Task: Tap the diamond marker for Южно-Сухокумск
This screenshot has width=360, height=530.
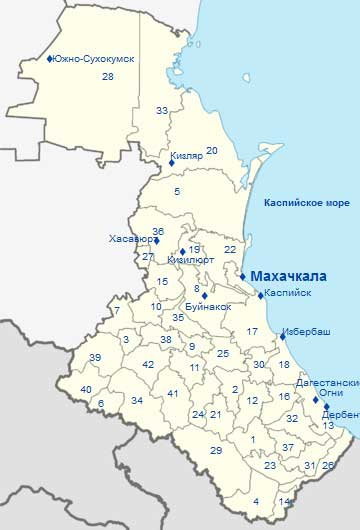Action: click(x=49, y=60)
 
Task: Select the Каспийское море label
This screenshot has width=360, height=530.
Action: click(x=306, y=203)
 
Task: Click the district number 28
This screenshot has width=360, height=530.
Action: click(x=107, y=77)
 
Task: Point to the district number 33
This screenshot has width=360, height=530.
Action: click(x=162, y=110)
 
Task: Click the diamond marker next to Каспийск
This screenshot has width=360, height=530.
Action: click(x=259, y=294)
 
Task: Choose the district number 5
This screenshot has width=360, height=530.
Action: click(x=177, y=191)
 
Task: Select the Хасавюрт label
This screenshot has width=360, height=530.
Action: click(x=130, y=240)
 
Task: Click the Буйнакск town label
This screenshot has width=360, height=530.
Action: click(x=208, y=306)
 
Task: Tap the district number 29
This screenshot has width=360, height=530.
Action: click(x=215, y=451)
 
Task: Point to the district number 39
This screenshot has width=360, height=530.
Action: click(x=95, y=358)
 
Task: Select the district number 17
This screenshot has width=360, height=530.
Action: click(x=253, y=332)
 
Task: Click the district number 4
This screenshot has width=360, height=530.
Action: click(x=256, y=501)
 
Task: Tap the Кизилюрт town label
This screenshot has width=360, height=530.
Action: click(x=191, y=259)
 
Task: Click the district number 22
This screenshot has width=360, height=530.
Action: click(x=230, y=249)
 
